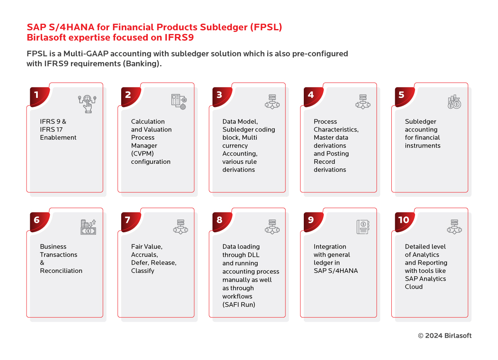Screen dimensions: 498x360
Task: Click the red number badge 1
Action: [x=38, y=96]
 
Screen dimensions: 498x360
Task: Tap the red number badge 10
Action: [x=403, y=221]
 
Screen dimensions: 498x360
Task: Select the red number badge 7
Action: [x=129, y=221]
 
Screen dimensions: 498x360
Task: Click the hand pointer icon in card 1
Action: [x=87, y=104]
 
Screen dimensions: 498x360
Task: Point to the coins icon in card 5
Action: [x=454, y=102]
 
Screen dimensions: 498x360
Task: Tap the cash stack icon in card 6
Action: [x=88, y=227]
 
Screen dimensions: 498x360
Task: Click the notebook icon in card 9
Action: [x=363, y=227]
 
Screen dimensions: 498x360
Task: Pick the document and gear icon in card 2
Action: [x=179, y=102]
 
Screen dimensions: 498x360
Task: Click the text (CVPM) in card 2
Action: [x=142, y=153]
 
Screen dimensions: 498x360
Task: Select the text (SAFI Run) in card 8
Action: [x=239, y=304]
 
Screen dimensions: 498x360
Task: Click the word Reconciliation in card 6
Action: [x=61, y=271]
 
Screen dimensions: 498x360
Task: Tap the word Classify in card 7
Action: [x=142, y=271]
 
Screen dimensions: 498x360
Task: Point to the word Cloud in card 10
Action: [x=413, y=287]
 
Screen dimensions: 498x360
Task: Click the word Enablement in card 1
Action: [x=58, y=138]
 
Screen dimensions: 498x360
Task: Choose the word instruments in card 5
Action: [x=422, y=146]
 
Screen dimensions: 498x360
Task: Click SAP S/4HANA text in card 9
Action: [x=336, y=271]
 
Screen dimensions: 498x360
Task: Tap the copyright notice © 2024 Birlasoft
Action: [x=444, y=336]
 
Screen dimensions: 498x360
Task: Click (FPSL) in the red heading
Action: [x=266, y=27]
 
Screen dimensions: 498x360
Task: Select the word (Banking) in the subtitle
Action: [x=142, y=64]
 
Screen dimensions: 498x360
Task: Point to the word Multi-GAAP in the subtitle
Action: [x=86, y=54]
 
